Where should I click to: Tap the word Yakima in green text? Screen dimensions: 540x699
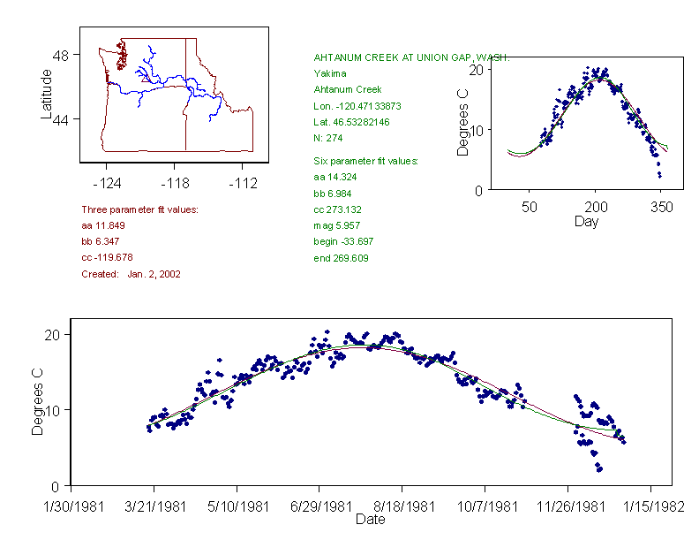click(330, 73)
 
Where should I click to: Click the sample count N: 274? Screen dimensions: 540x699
click(328, 138)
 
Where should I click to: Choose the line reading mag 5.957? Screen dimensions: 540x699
click(337, 226)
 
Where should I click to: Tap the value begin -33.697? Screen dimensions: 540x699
click(343, 242)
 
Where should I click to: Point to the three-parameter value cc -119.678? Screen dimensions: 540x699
click(106, 257)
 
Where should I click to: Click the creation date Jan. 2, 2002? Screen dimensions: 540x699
click(154, 274)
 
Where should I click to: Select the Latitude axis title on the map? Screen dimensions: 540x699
click(47, 94)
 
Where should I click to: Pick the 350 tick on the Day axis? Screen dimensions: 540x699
click(661, 206)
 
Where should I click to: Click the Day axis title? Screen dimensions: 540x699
click(586, 221)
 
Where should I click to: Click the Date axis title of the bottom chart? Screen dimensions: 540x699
click(370, 520)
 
